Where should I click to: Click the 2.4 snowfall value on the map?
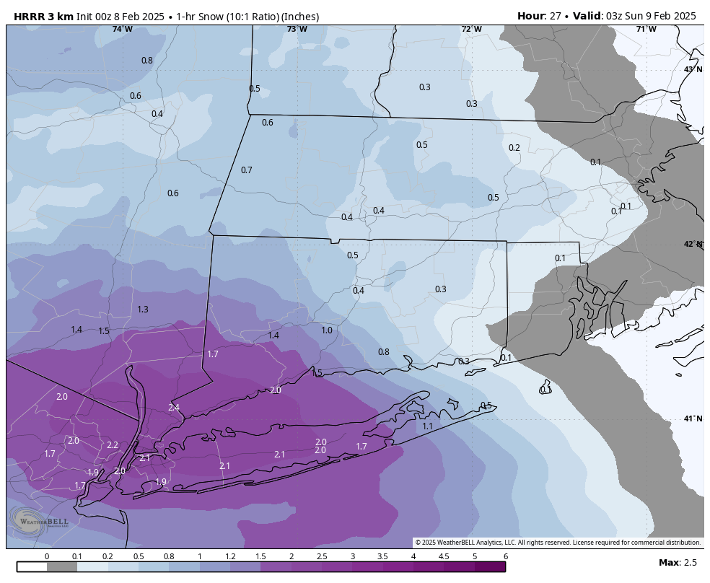(x=174, y=408)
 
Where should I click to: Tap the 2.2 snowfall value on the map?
(x=113, y=445)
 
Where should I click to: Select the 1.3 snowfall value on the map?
(x=143, y=310)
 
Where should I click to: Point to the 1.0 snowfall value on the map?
(x=327, y=330)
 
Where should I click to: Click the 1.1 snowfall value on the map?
(x=427, y=426)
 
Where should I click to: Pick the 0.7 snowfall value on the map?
(x=247, y=170)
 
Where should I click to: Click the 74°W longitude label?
(x=122, y=29)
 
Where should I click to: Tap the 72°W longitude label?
(x=471, y=29)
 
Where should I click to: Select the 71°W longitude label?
(x=646, y=29)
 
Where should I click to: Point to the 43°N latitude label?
(x=693, y=69)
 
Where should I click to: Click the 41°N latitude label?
(x=693, y=419)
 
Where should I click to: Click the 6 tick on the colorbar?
(x=506, y=556)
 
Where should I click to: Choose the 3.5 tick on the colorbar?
(x=382, y=556)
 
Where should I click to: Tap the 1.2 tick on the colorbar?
(x=230, y=556)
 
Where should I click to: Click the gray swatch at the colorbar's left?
(x=62, y=567)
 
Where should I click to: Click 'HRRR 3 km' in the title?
(x=43, y=16)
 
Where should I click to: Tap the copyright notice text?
(x=558, y=543)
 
